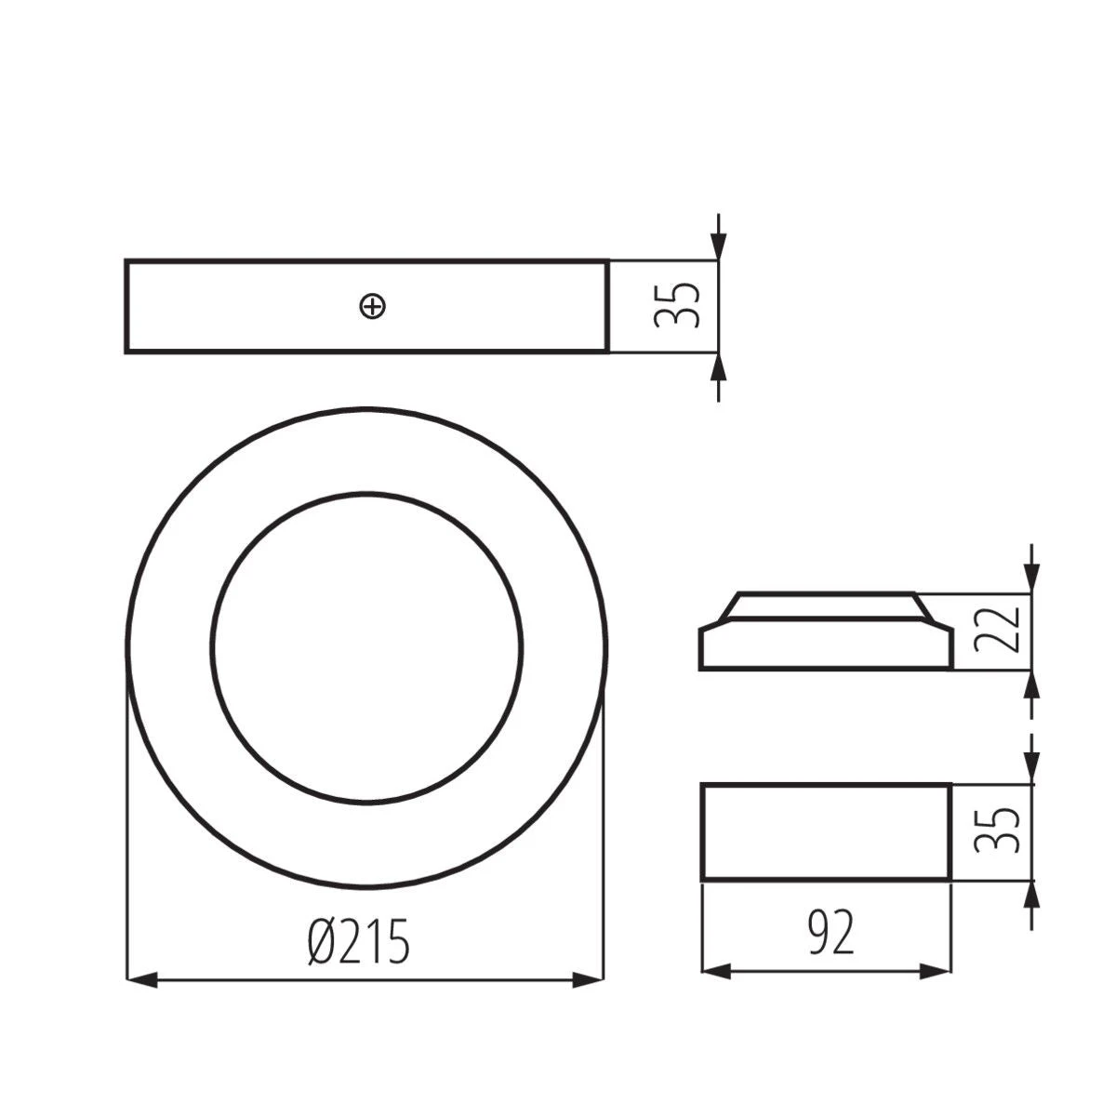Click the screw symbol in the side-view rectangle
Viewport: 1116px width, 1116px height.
point(372,306)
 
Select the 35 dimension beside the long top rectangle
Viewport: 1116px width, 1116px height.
point(676,305)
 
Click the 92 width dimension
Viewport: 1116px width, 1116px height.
point(830,934)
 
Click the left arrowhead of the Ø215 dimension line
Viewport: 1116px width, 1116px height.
point(140,979)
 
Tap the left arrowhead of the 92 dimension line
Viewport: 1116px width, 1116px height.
point(716,971)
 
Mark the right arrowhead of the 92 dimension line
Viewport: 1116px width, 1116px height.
point(936,971)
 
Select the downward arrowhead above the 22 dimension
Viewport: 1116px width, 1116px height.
point(1031,579)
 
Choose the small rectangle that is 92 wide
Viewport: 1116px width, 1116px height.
point(826,831)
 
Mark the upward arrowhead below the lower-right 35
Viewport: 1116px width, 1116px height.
point(1031,895)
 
